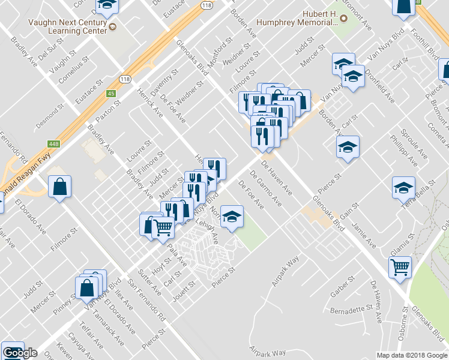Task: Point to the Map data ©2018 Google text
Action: coord(412,355)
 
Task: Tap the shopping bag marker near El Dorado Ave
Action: coord(60,187)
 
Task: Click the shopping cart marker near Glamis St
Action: coord(400,266)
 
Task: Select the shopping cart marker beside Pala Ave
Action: coord(163,227)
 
